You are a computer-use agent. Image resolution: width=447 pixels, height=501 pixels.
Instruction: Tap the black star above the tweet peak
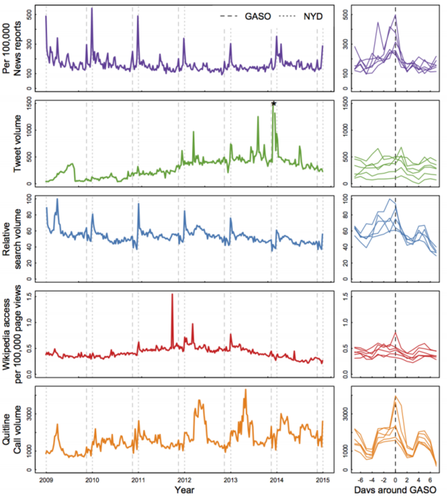point(274,104)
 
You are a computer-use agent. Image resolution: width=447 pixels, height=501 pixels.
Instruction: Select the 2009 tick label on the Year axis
point(46,479)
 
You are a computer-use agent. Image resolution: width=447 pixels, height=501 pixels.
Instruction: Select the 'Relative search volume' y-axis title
point(15,236)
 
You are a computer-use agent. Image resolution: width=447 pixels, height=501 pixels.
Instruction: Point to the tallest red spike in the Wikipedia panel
point(172,295)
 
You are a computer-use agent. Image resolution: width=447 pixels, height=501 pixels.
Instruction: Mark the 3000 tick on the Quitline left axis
point(28,411)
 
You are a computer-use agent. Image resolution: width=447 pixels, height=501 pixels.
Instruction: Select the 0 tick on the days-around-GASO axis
point(395,479)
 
